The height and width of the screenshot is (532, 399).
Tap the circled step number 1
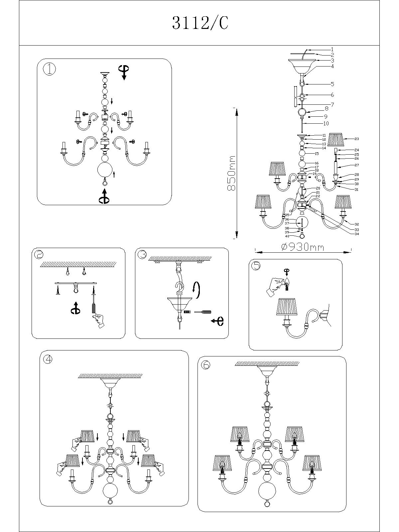coord(50,69)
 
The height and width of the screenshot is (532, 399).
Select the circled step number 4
coord(48,360)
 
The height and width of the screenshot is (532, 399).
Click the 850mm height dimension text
coord(231,173)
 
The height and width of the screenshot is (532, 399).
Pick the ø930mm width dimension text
coord(303,247)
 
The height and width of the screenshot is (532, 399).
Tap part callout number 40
coord(287,236)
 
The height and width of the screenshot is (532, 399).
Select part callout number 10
coord(326,123)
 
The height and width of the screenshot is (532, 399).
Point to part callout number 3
coord(332,61)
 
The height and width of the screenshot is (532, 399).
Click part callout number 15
coord(317,154)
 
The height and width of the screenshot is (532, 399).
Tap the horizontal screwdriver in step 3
coord(202,312)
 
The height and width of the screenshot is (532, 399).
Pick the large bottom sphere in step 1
coord(105,171)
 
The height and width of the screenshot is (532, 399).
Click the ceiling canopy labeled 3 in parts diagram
coord(302,65)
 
